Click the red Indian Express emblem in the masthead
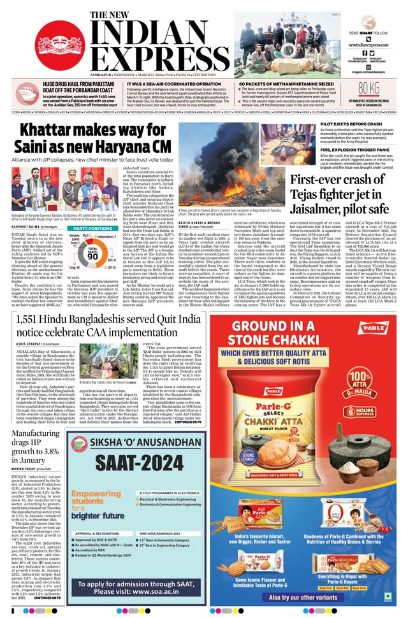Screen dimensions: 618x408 click(59, 45)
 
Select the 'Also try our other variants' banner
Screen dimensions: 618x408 click(306, 597)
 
